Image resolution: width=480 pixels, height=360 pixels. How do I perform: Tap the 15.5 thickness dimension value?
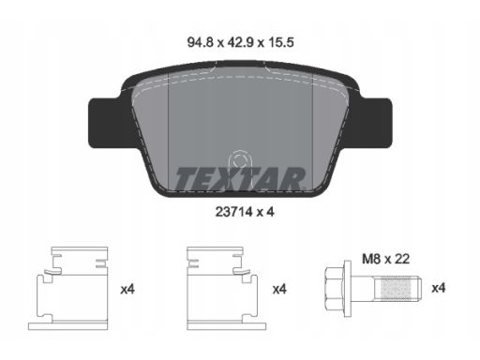280,42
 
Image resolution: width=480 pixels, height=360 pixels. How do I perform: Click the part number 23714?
233,212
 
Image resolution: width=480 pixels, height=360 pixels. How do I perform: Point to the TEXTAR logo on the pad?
240,179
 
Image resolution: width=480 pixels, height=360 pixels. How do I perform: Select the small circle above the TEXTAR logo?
239,160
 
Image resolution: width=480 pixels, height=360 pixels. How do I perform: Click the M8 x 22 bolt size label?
385,259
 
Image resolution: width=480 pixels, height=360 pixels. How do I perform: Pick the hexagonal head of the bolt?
334,288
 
